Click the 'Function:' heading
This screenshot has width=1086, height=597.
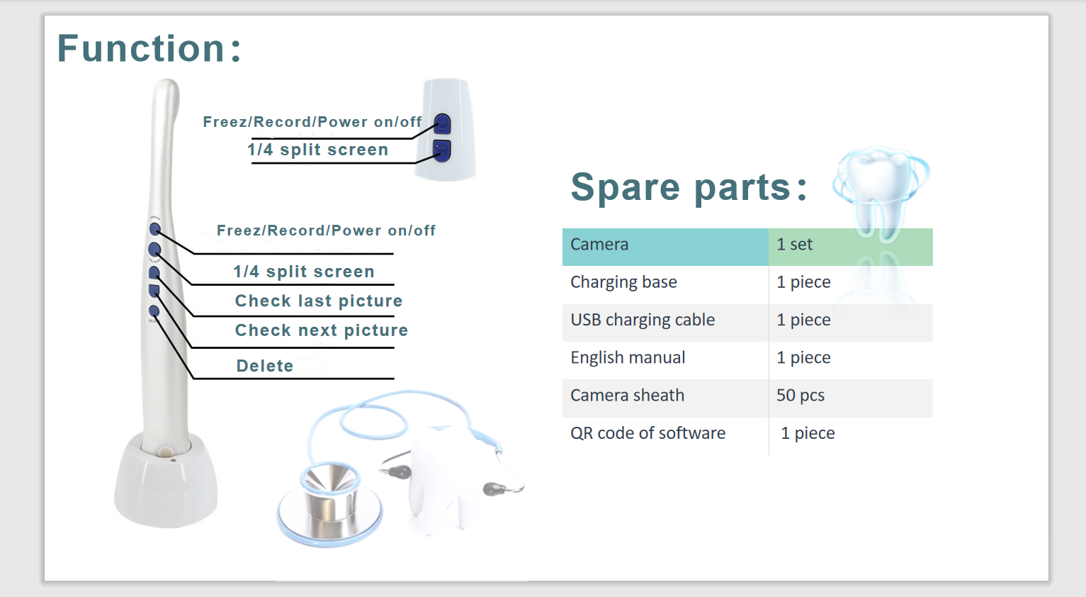149,48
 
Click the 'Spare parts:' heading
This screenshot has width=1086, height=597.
689,187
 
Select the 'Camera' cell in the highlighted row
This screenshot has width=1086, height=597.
665,247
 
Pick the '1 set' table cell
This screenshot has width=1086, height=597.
851,247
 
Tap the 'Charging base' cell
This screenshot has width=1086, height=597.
665,284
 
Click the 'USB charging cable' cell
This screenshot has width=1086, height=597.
665,323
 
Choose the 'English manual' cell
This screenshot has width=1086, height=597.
665,360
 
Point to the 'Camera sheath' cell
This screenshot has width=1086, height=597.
665,398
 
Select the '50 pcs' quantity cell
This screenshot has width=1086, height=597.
851,398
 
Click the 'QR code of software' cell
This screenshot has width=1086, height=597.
665,436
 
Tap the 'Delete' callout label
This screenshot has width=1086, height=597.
265,365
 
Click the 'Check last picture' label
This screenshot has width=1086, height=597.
319,301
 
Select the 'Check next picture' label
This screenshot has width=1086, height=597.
322,330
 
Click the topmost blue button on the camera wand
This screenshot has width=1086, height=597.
155,228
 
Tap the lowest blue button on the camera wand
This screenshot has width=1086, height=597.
154,311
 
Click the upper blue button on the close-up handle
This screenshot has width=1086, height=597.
442,124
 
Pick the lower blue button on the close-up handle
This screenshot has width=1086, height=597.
441,150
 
